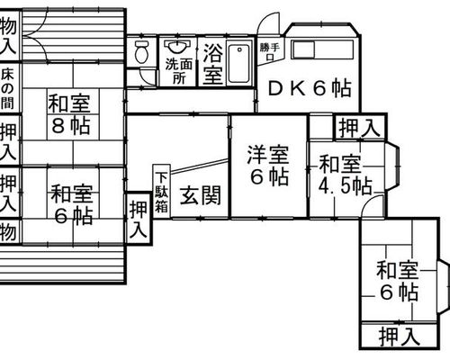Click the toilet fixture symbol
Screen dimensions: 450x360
click(141, 51)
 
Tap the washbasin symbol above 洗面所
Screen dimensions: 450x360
click(177, 47)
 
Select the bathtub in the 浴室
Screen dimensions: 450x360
click(239, 63)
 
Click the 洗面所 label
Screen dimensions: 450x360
click(179, 71)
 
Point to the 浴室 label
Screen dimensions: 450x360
click(212, 64)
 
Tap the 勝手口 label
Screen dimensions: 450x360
click(270, 51)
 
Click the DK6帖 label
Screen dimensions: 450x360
click(310, 88)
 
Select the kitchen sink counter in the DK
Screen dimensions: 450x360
click(322, 49)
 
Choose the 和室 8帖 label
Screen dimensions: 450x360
click(70, 114)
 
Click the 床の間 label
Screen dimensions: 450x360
click(7, 89)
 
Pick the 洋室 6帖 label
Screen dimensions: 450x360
click(268, 166)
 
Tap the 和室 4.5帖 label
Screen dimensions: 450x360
click(345, 175)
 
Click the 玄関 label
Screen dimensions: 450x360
click(201, 195)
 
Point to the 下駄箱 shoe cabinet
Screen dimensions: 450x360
click(162, 191)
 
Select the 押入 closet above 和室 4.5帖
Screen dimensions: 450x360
click(360, 128)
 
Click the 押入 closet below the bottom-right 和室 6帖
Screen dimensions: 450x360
click(399, 336)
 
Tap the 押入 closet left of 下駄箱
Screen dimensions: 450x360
click(139, 219)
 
